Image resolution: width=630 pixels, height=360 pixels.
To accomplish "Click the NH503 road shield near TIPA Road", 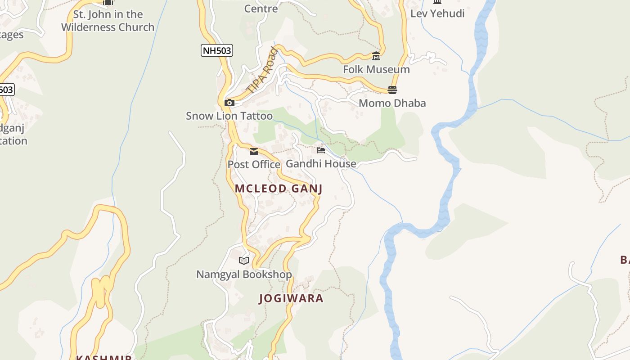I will coord(216,50).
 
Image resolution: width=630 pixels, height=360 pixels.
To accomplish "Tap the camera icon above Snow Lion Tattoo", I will coord(229,103).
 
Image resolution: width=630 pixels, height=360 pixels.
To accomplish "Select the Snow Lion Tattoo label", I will coord(229,116).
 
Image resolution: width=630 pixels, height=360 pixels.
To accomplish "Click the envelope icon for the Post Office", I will coord(254,152).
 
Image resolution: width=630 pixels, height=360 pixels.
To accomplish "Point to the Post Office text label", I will coord(254,165).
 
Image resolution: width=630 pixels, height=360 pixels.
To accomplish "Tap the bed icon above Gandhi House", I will coord(321,150).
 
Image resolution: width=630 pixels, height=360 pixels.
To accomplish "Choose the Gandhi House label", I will coord(321,164).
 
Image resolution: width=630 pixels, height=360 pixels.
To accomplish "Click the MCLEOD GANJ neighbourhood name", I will coord(279,189).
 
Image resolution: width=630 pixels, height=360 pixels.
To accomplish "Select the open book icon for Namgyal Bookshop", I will coord(244,261).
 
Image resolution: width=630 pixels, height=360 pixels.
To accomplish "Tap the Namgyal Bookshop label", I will coord(244,274).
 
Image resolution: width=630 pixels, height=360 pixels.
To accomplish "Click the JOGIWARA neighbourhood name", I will coord(291,298).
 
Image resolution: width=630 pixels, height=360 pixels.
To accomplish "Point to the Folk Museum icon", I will coord(376,56).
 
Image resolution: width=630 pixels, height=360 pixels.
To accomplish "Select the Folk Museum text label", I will coord(376,70).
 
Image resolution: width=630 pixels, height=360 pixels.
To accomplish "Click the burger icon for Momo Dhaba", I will coord(392,90).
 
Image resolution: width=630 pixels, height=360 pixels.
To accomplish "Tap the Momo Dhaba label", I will coord(392,103).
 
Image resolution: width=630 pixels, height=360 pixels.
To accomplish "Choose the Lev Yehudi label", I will coord(437,13).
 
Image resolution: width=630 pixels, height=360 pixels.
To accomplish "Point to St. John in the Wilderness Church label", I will coord(108,21).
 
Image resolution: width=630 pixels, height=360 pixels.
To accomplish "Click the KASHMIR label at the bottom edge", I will coord(103,357).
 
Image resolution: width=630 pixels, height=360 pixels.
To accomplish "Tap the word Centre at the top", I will coord(261,8).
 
